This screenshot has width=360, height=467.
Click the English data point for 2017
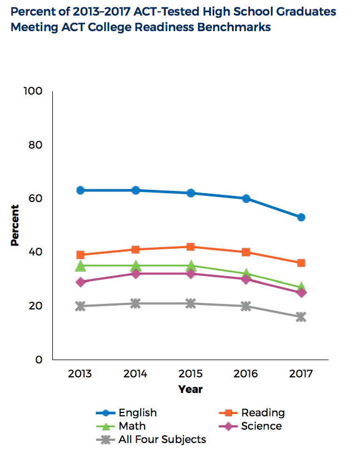[301, 217]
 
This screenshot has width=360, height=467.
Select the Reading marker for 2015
[190, 247]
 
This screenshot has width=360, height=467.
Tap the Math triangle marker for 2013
[81, 266]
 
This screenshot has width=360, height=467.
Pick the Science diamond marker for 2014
[135, 274]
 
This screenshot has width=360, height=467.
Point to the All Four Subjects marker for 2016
[246, 306]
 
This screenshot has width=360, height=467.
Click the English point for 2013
[80, 190]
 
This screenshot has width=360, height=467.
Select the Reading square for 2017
[301, 263]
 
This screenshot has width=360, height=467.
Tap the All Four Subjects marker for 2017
[301, 317]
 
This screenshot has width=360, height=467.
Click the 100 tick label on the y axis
[33, 91]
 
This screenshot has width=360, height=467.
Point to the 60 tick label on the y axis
[36, 199]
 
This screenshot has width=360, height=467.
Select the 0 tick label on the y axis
[40, 360]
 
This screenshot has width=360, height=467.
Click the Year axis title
[190, 389]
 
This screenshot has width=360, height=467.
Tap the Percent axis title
[15, 225]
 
